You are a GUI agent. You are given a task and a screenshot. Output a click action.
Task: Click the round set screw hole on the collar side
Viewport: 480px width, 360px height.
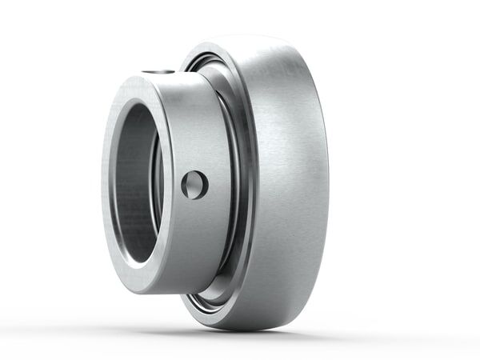pyautogui.click(x=194, y=185)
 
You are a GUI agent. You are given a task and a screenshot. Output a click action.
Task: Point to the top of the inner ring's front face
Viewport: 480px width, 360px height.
pyautogui.click(x=136, y=78)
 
